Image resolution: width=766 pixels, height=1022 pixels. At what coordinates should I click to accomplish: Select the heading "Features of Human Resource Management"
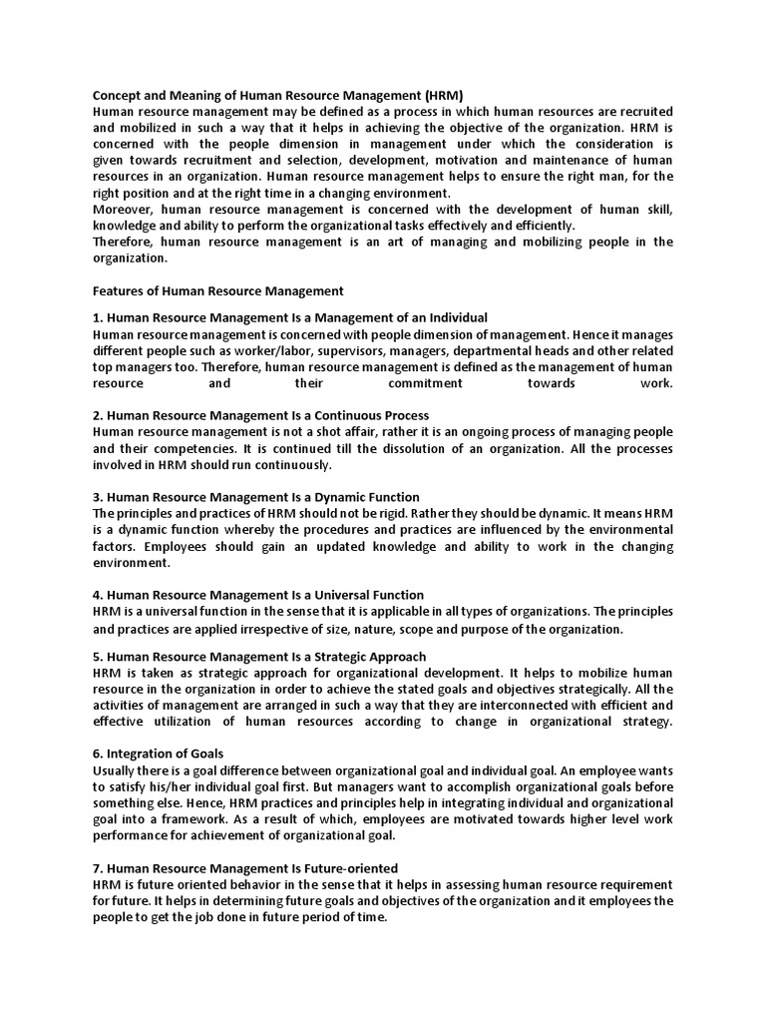tap(217, 290)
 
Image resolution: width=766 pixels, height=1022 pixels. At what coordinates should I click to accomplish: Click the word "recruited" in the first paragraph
tap(645, 111)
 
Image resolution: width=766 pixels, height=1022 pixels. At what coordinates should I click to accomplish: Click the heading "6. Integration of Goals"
tap(158, 753)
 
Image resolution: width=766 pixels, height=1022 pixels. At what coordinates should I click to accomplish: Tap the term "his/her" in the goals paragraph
tap(161, 786)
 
